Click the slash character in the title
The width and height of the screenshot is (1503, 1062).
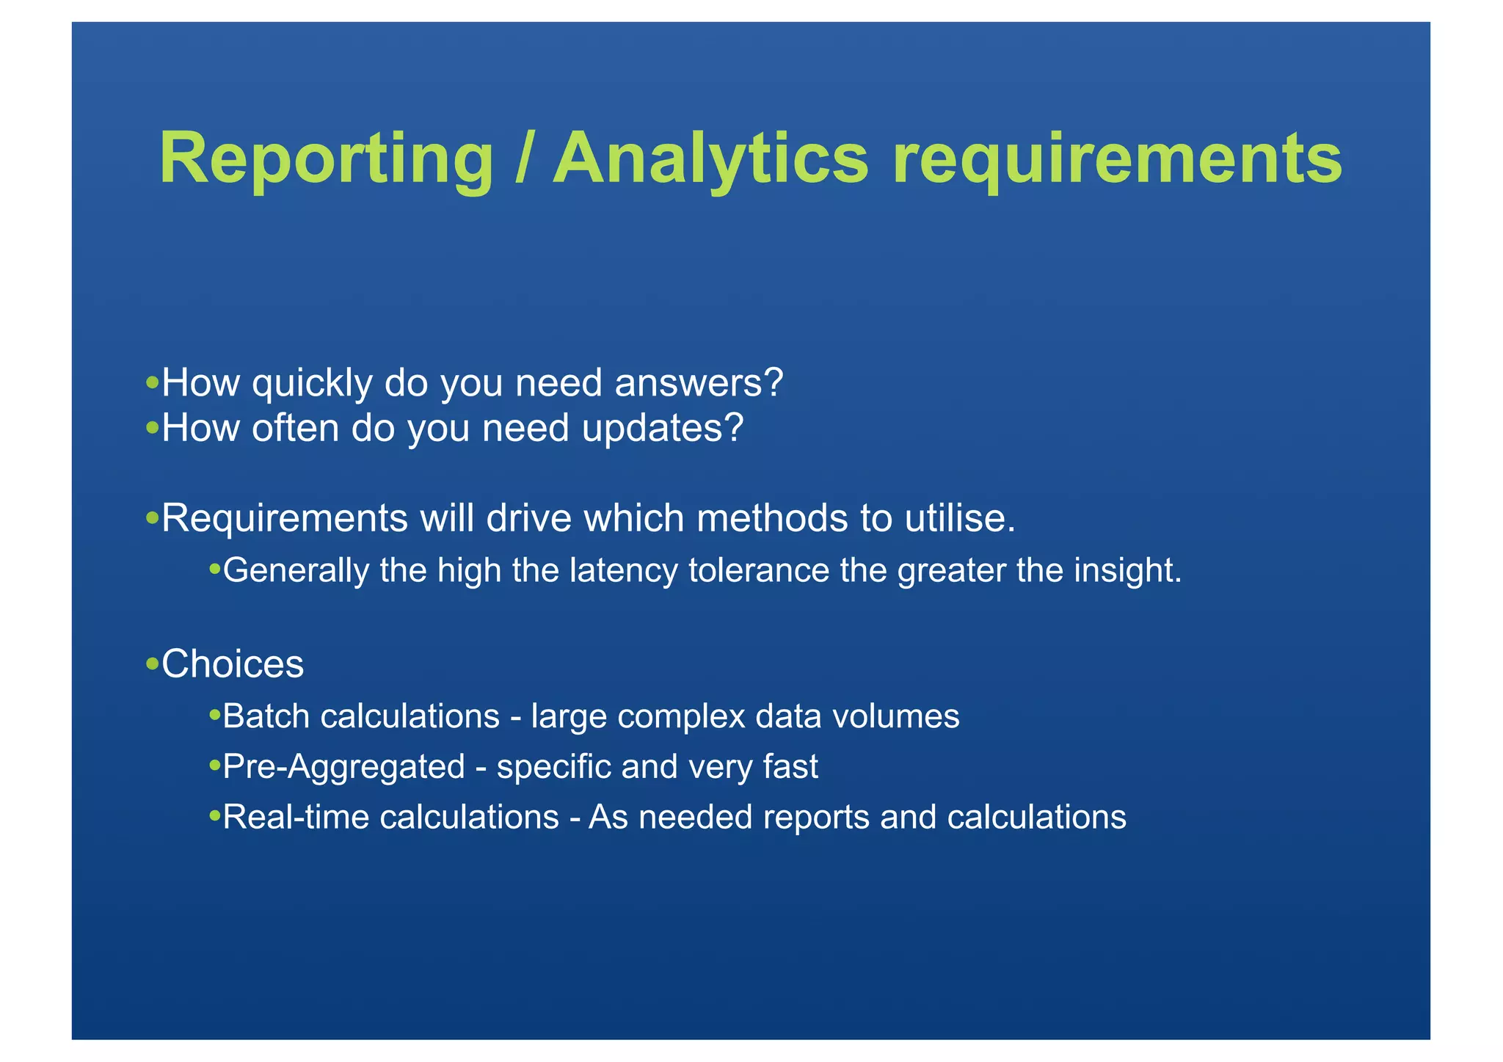click(523, 158)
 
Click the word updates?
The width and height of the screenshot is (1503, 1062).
click(662, 429)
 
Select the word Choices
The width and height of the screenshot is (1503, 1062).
click(232, 664)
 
